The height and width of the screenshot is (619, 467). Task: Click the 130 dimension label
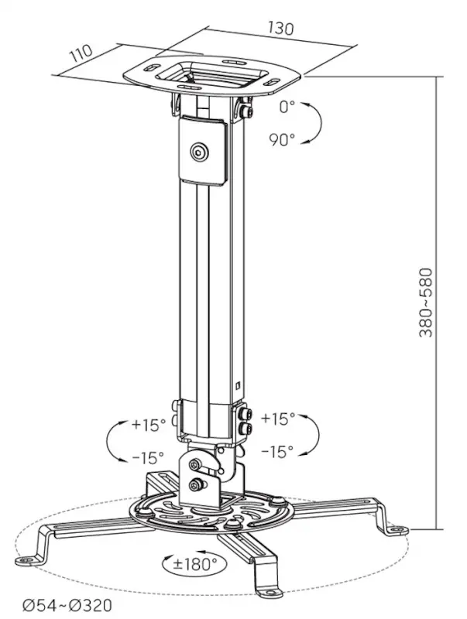[x=281, y=27]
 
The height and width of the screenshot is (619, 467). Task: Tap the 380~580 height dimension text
[x=425, y=303]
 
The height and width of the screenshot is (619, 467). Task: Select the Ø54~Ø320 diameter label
[x=67, y=605]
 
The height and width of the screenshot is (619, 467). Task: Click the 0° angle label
[x=287, y=107]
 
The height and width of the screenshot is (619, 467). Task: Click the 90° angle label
[x=283, y=139]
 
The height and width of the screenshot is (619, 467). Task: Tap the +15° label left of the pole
[x=149, y=424]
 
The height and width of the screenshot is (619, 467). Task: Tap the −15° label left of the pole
[x=148, y=457]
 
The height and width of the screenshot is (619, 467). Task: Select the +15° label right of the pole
[x=278, y=419]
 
